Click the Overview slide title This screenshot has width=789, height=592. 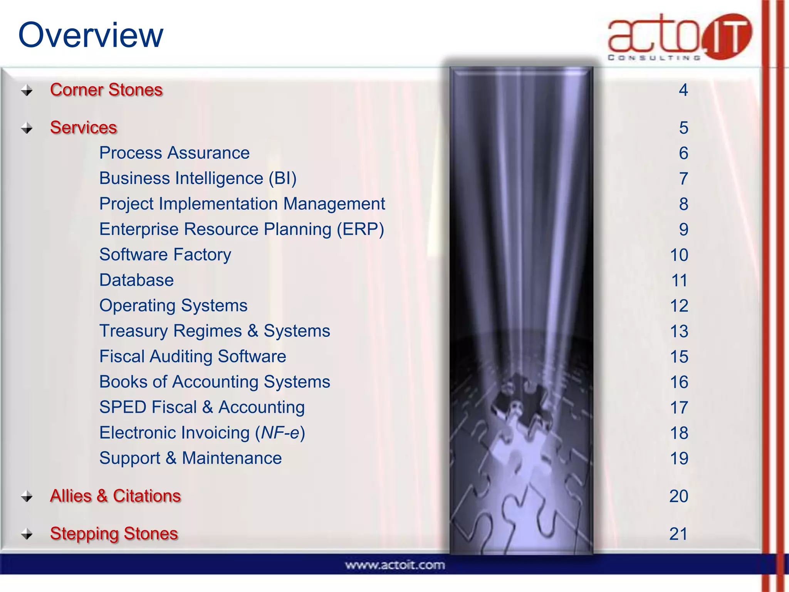(91, 35)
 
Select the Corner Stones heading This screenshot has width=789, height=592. (106, 90)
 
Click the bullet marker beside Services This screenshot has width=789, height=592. (27, 128)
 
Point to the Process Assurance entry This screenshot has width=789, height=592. (174, 153)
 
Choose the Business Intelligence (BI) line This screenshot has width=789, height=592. (198, 178)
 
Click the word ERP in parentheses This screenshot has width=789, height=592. (361, 229)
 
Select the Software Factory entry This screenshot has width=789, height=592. (165, 255)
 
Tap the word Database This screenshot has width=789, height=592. (136, 280)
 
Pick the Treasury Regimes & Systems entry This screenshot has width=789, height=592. (215, 331)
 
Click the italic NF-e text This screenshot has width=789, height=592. (280, 433)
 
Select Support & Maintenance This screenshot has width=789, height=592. (190, 458)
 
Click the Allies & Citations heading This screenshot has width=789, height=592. (115, 496)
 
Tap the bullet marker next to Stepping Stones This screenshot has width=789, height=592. (27, 534)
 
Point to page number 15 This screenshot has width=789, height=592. (679, 357)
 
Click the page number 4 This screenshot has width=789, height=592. (683, 90)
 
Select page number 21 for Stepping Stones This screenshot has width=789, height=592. (678, 534)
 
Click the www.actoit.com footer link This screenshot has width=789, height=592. (394, 565)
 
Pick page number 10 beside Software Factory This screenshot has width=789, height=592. (679, 255)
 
